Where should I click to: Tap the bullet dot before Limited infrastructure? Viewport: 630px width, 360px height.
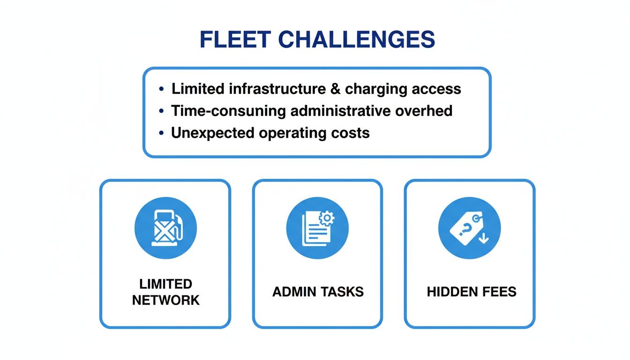[x=162, y=89]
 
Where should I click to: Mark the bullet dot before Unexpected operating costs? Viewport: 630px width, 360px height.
[x=162, y=133]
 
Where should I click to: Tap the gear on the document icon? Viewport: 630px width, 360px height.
[x=326, y=217]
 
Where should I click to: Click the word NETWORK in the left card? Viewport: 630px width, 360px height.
[x=165, y=300]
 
